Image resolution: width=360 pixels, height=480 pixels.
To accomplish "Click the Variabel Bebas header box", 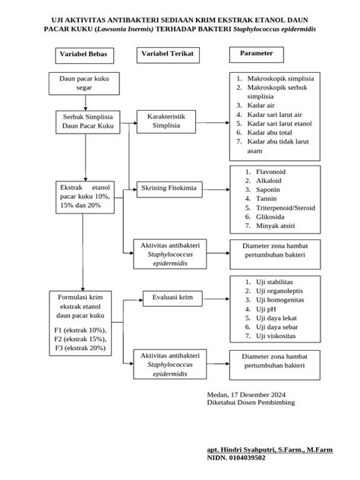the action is coord(84,55).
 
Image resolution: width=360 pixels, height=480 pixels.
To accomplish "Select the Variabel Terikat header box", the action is coord(168,55).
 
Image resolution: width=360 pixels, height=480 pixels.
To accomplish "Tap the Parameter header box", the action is coord(257,55).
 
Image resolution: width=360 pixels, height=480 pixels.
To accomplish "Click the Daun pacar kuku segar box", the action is coord(84,84).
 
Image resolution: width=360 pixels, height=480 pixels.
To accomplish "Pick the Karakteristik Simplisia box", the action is coord(166,122).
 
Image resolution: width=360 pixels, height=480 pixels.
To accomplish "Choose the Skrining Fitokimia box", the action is coord(169,189).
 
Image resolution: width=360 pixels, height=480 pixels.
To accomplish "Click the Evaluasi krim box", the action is coord(172,298).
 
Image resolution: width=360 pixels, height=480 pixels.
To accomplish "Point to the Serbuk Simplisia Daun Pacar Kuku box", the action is coord(88,122).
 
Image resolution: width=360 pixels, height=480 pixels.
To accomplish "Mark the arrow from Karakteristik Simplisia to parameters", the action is coord(213,123).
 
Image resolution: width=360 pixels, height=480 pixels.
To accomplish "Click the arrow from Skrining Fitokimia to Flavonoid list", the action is coord(216,189).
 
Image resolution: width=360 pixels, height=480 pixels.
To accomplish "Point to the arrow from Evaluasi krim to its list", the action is coord(216,298).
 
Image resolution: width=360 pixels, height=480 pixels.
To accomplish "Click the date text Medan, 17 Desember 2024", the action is coord(246,395).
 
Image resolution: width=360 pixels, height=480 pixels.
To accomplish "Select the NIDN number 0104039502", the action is coord(247,458).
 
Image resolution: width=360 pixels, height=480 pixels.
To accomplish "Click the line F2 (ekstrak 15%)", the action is coord(81,339).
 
